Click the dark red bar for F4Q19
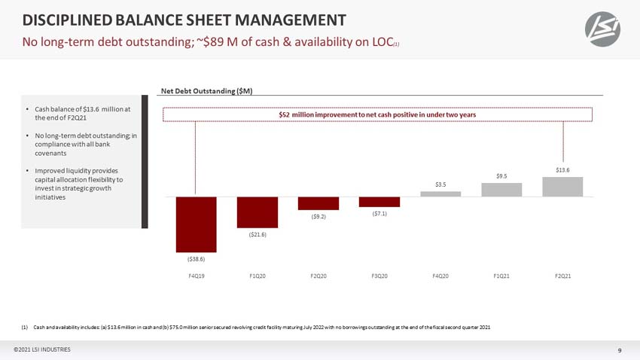point(196,224)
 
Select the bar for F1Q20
point(258,212)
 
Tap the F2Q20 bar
point(318,203)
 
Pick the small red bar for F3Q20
point(379,202)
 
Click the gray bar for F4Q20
point(440,194)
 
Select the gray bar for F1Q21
point(501,190)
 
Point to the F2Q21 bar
point(562,187)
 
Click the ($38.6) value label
point(196,259)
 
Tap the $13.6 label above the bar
point(562,169)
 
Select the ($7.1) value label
point(379,213)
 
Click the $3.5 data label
point(440,185)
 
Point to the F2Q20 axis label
point(318,276)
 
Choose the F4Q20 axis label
point(440,276)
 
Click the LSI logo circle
point(602,29)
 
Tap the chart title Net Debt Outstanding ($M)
point(206,90)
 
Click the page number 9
point(620,350)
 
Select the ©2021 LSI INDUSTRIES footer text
point(42,349)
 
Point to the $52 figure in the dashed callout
point(284,114)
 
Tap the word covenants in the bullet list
point(50,153)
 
